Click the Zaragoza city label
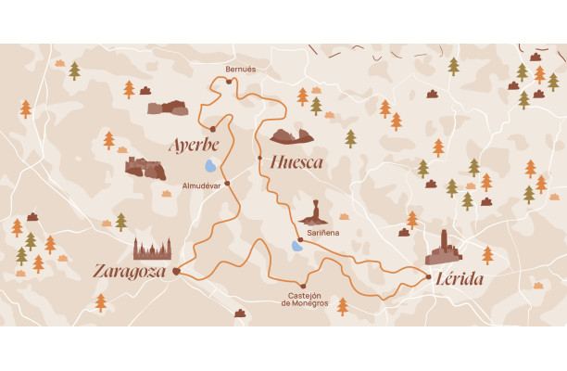point(131,272)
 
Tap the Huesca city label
point(296,163)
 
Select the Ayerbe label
point(194,146)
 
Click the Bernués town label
point(240,69)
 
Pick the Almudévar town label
point(202,185)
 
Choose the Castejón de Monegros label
point(307,299)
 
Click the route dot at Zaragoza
point(175,272)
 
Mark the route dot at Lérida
point(428,276)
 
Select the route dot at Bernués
point(229,82)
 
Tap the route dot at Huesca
point(259,158)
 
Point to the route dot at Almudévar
point(227,184)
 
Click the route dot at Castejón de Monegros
point(303,286)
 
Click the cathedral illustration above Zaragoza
point(152,249)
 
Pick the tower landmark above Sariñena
point(315,212)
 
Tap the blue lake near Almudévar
point(211,167)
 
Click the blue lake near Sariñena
point(296,247)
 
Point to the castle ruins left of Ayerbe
point(145,168)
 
